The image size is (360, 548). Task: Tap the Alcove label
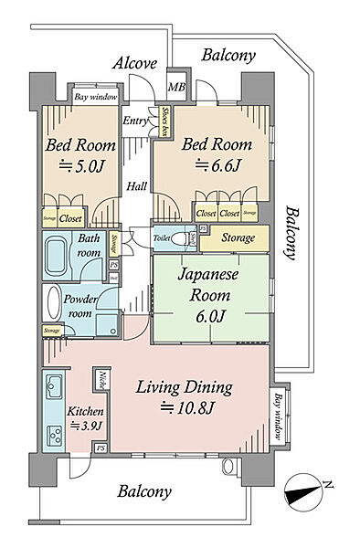pyautogui.click(x=135, y=63)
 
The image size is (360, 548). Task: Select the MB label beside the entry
pyautogui.click(x=175, y=88)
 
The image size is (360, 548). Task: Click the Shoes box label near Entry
pyautogui.click(x=164, y=121)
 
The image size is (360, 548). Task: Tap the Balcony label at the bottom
pyautogui.click(x=144, y=491)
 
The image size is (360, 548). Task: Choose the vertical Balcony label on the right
pyautogui.click(x=293, y=234)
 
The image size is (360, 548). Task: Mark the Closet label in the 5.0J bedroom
pyautogui.click(x=70, y=219)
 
